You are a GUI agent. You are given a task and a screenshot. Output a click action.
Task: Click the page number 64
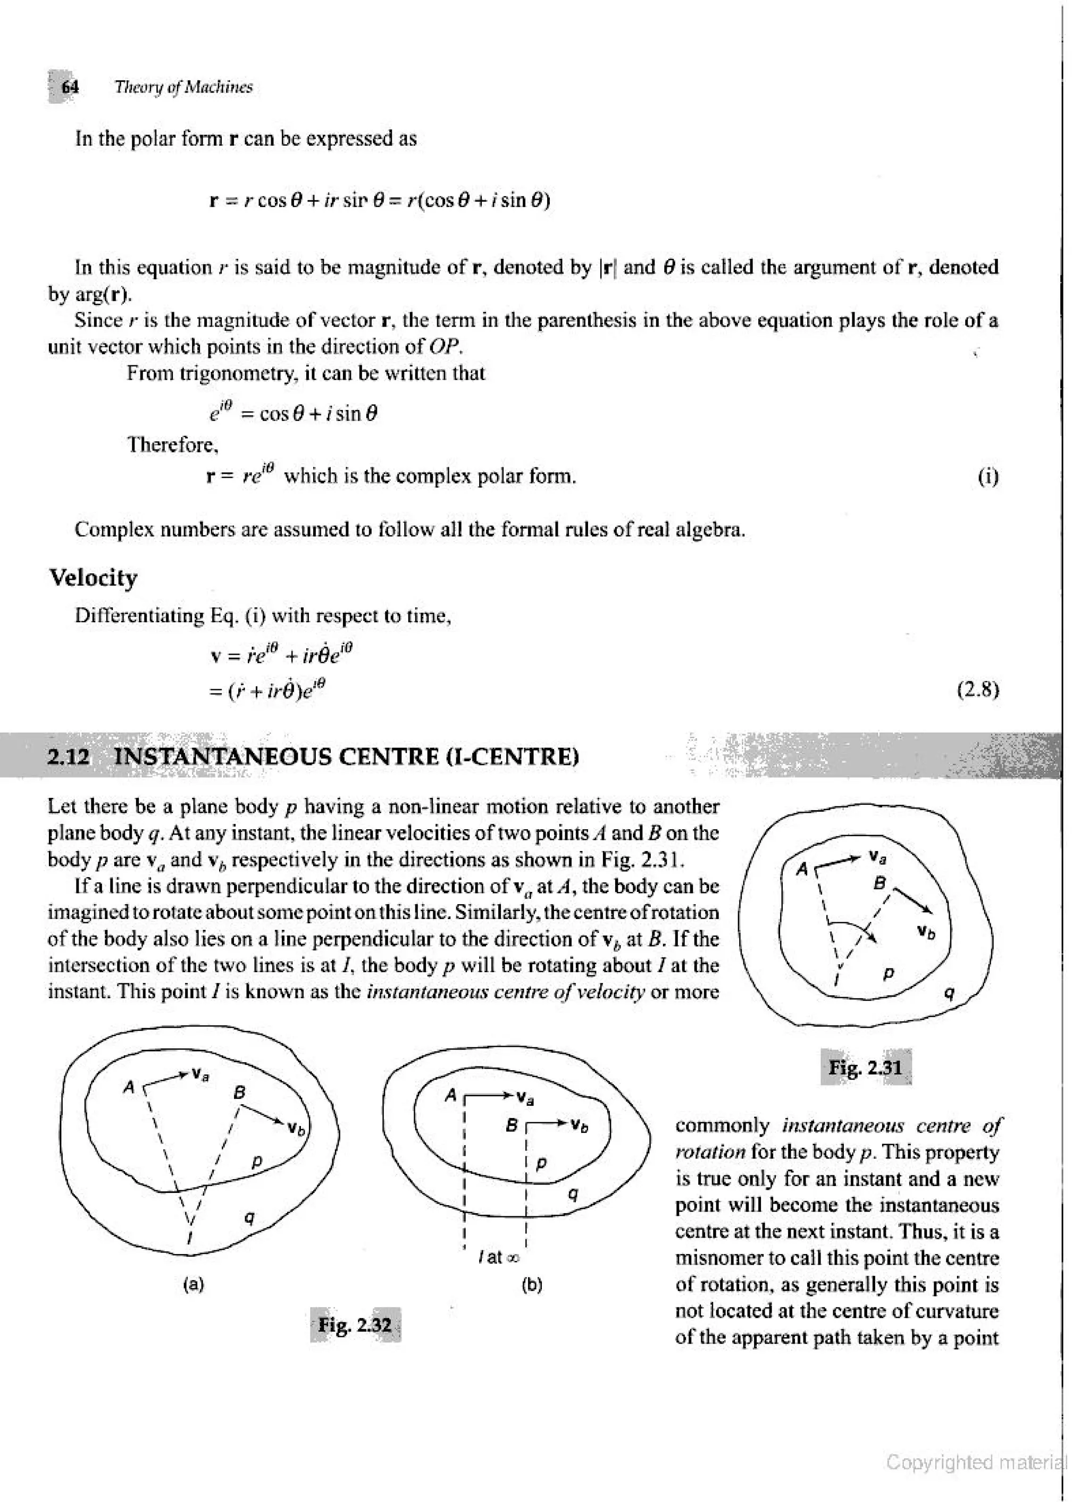[x=70, y=87]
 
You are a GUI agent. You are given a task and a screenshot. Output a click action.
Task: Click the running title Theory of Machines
[x=183, y=87]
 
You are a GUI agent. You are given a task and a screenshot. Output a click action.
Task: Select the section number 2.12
[x=68, y=756]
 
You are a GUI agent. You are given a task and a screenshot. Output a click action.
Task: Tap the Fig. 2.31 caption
[x=865, y=1067]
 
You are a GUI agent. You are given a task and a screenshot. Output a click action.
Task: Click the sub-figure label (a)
[x=194, y=1285]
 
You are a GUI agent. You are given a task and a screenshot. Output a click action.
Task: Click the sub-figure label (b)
[x=532, y=1285]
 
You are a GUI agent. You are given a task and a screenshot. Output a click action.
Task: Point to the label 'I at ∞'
[x=498, y=1257]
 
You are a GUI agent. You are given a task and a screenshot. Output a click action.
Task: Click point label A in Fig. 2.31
[x=802, y=870]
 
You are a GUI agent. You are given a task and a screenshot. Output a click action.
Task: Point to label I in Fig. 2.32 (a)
[x=189, y=1237]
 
